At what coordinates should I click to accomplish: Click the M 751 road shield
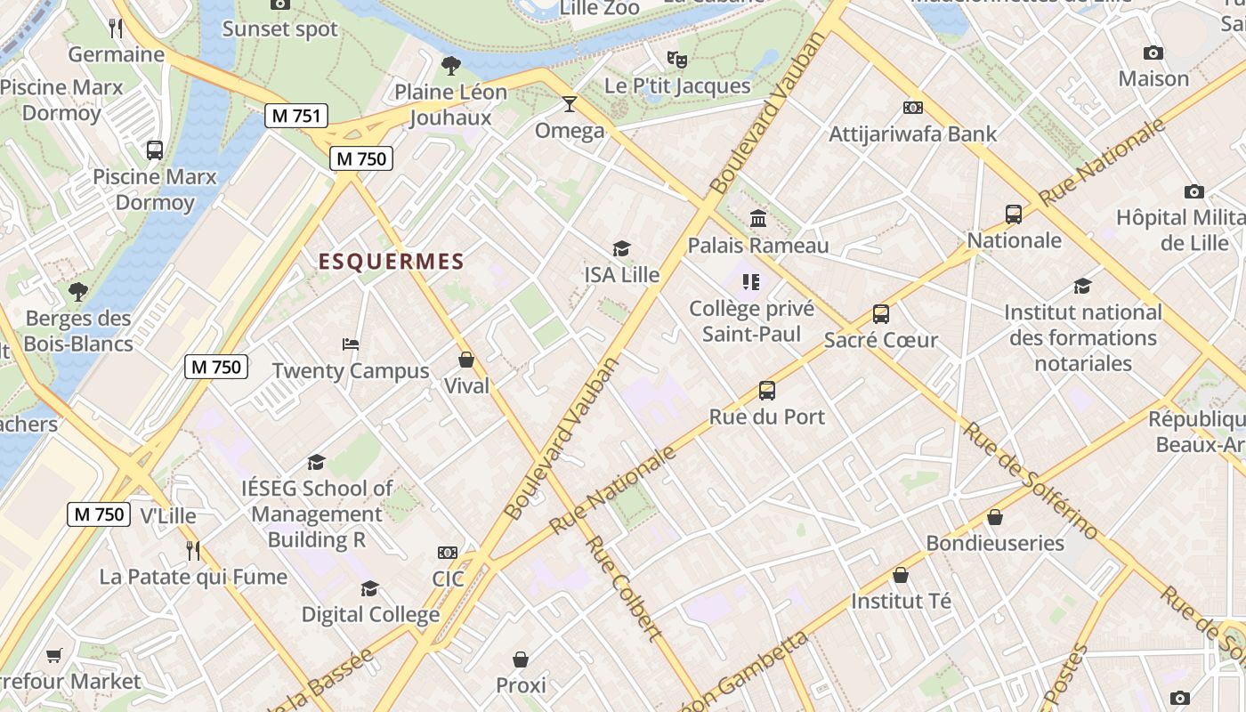pos(296,115)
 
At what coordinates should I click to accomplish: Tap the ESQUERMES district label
pos(392,261)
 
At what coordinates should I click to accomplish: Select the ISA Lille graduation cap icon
pos(621,249)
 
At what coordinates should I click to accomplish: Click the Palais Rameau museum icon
pos(758,218)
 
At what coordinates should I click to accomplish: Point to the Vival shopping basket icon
pos(466,360)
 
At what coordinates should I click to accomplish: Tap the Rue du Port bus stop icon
pos(767,390)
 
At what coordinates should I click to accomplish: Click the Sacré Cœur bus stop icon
pos(881,314)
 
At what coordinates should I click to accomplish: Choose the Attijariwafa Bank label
pos(913,134)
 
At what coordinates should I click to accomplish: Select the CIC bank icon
pos(448,553)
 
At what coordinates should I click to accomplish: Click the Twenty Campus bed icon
pos(351,344)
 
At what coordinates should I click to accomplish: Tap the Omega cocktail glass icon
pos(570,104)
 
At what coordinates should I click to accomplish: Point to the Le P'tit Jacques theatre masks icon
pos(677,60)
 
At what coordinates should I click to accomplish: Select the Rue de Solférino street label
pos(1032,481)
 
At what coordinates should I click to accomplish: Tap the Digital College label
pos(370,614)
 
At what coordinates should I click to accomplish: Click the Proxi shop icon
pos(521,659)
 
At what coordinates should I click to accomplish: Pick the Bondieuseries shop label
pos(995,543)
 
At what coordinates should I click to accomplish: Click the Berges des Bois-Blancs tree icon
pos(78,291)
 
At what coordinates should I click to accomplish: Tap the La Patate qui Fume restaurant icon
pos(193,551)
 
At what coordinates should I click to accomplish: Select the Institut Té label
pos(902,601)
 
